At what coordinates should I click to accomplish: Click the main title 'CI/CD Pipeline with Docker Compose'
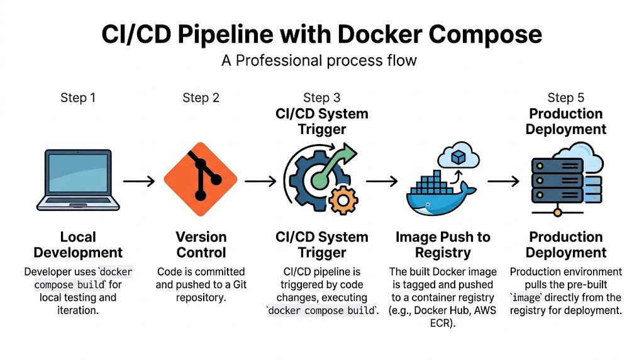[321, 34]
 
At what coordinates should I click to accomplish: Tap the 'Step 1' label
[78, 98]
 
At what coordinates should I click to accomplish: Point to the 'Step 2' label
[201, 98]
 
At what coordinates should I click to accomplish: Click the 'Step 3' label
[321, 98]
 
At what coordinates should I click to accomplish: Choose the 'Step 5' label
[565, 98]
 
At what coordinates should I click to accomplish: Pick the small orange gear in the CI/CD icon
[343, 200]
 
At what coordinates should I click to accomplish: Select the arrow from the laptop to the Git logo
[139, 181]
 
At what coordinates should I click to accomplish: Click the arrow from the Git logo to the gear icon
[260, 181]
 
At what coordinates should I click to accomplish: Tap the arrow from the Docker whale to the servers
[503, 181]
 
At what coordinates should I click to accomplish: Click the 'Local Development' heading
[78, 245]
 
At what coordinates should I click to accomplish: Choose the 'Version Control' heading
[201, 245]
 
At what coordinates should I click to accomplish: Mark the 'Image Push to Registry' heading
[443, 245]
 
